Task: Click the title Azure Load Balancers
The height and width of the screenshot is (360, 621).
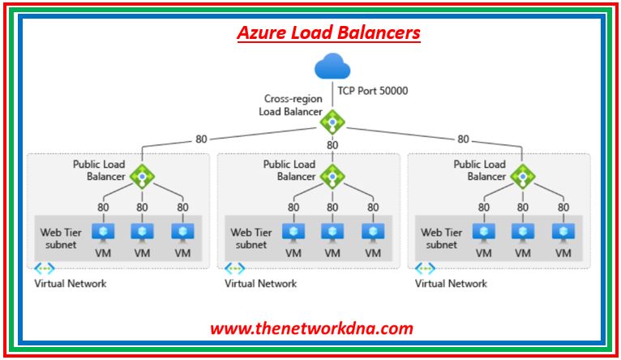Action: (328, 34)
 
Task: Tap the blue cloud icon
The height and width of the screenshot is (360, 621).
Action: (331, 66)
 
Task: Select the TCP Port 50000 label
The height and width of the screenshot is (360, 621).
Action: (372, 91)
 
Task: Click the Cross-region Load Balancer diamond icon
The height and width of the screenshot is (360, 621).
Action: (332, 122)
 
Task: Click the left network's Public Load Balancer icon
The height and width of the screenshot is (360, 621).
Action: (142, 175)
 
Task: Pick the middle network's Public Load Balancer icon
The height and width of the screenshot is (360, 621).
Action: (332, 175)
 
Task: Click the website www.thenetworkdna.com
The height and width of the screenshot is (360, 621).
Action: (311, 328)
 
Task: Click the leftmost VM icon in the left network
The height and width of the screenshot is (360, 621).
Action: (103, 232)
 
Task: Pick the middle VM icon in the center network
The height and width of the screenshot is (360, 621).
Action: (332, 232)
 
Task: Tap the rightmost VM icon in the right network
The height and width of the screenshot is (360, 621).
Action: (562, 232)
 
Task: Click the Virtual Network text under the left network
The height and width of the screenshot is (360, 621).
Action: (70, 284)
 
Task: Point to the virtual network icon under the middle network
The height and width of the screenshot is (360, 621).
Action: (234, 268)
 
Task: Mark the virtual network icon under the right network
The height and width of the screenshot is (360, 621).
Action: (425, 268)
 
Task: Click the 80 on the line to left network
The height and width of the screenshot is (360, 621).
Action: (201, 139)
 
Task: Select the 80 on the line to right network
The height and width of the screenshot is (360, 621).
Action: (463, 139)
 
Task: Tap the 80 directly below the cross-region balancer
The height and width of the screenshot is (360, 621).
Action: (332, 145)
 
